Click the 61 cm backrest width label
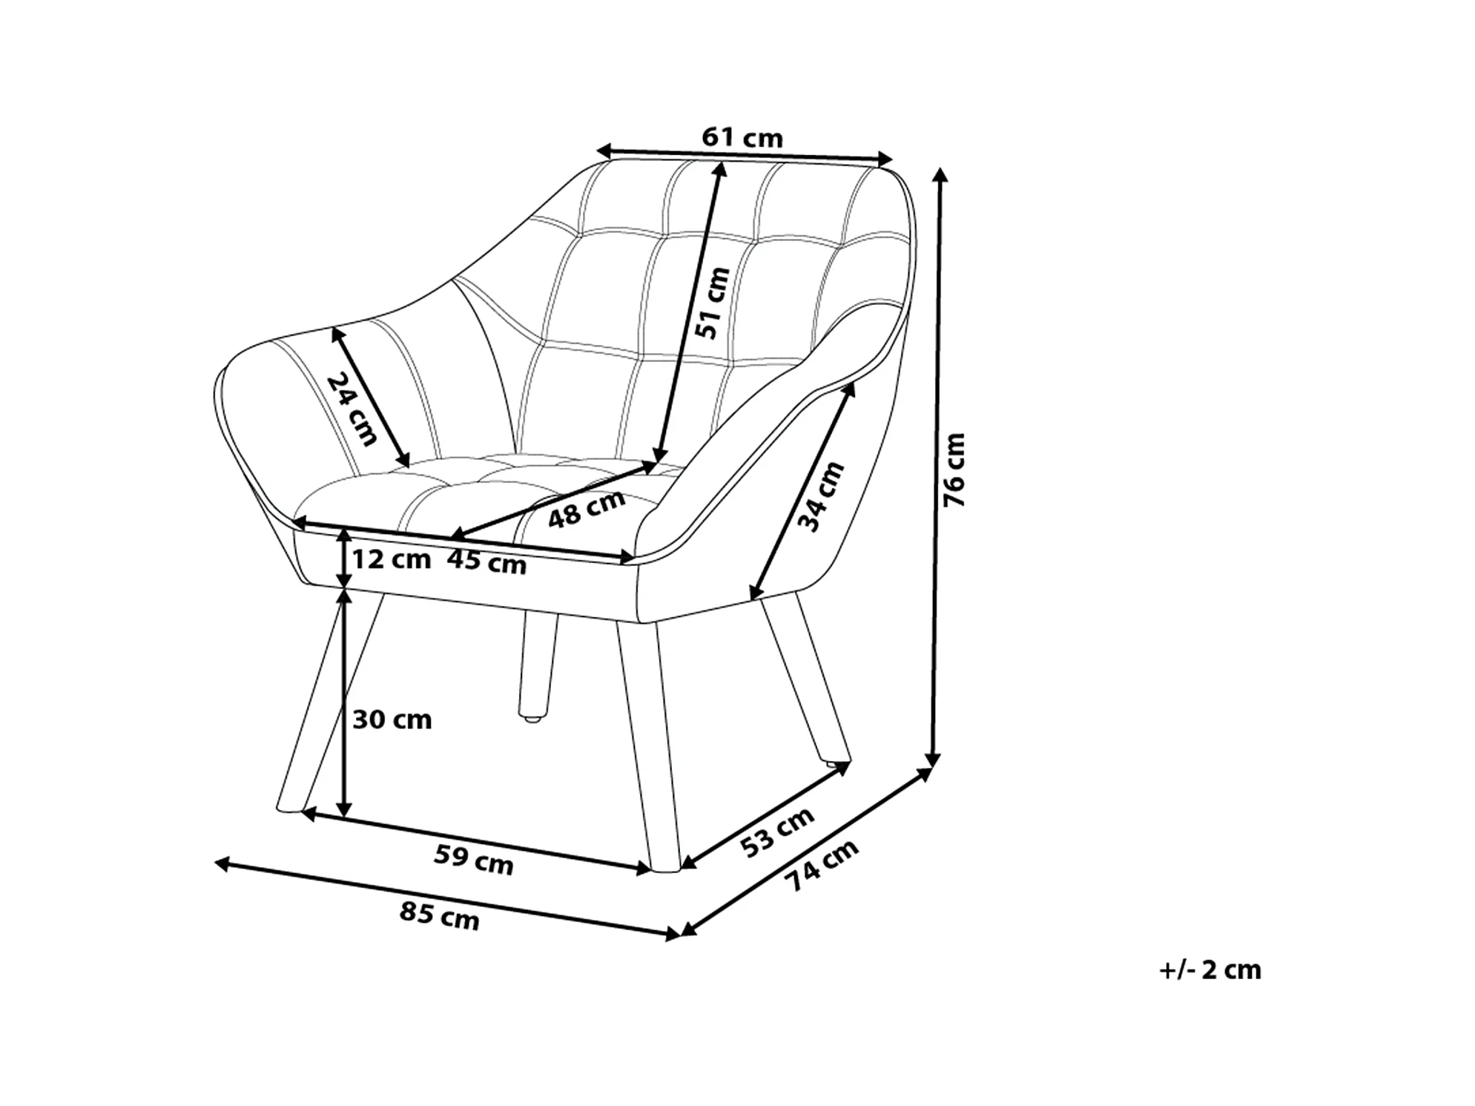tap(742, 138)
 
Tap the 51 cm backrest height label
tap(713, 303)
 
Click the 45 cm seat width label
tap(486, 562)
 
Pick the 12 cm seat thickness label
tap(391, 559)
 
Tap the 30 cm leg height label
tap(392, 720)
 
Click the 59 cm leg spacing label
tap(473, 860)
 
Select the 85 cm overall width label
tap(439, 916)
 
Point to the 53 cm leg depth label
tap(777, 832)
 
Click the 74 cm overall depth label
tap(821, 865)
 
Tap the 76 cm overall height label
tap(954, 470)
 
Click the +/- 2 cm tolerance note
tap(1210, 970)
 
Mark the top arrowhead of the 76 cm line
tap(940, 175)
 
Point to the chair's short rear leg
tap(536, 664)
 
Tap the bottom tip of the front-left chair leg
tap(289, 809)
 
